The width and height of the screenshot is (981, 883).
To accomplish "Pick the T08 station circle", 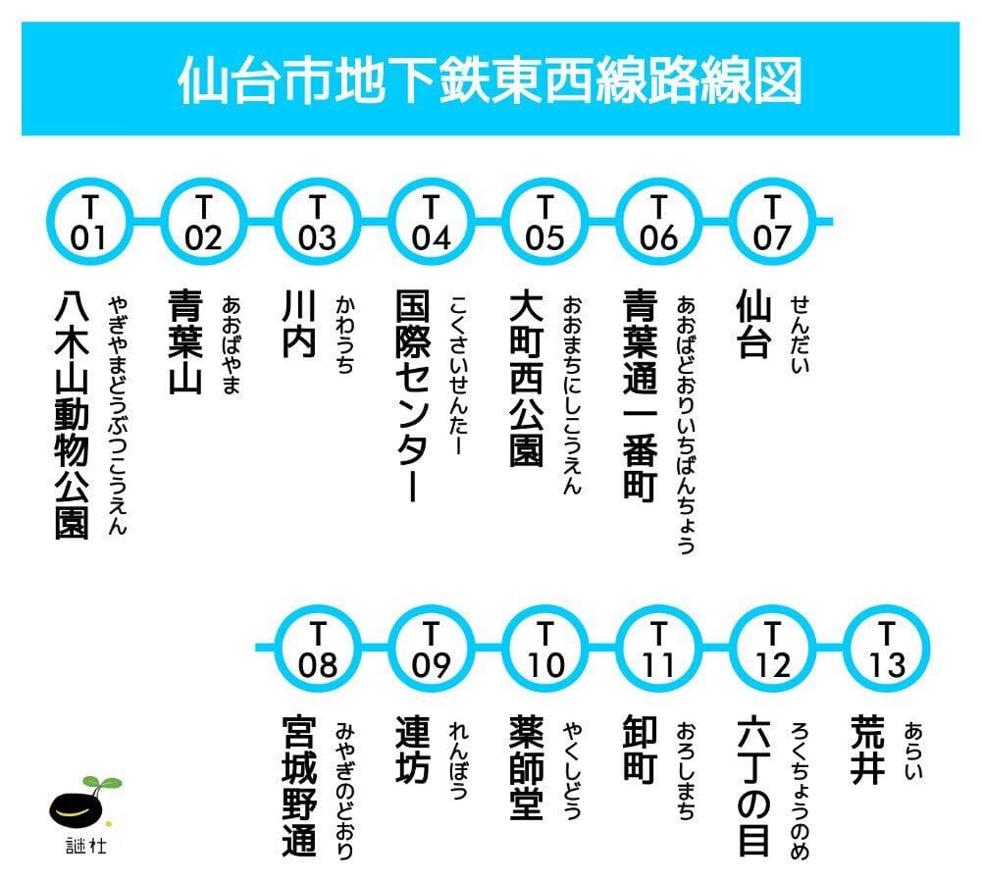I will (x=318, y=649).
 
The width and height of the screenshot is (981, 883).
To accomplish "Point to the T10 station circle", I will (x=544, y=649).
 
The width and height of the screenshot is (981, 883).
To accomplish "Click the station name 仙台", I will (x=752, y=324).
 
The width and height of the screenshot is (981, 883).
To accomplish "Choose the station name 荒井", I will (x=867, y=751).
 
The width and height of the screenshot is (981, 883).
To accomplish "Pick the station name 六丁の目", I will (x=753, y=786).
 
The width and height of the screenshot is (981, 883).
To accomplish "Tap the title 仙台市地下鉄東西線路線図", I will (x=490, y=79).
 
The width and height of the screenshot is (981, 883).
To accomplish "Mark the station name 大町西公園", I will (x=526, y=378).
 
